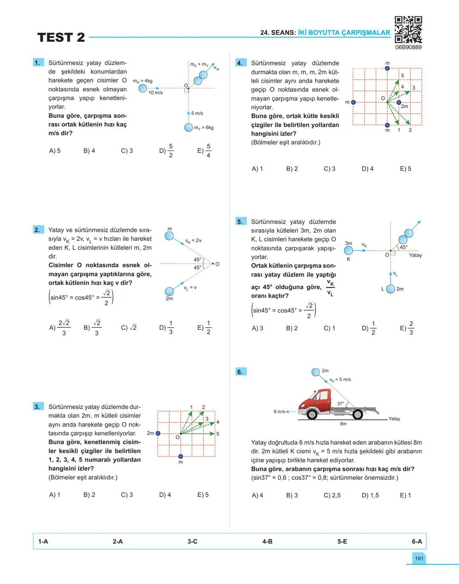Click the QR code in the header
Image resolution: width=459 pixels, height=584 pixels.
point(408,30)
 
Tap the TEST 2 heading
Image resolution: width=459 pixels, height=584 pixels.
point(61,37)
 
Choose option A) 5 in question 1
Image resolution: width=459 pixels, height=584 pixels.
point(55,151)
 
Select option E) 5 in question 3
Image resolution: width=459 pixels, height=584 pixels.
point(203,495)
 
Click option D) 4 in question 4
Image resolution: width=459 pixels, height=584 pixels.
point(368,169)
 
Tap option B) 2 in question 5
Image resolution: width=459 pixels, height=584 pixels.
point(292,328)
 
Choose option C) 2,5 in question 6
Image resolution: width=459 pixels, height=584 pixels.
point(332,495)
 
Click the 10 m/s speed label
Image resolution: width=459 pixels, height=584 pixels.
point(155,93)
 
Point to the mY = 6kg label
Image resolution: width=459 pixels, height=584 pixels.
point(204,128)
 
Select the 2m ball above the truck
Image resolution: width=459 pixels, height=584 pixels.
point(316,372)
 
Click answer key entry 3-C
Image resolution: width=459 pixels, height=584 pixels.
point(193,541)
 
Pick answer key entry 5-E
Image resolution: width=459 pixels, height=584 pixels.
point(342,541)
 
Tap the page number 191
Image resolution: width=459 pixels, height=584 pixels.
point(419,558)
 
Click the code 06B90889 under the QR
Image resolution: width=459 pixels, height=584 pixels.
point(408,47)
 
